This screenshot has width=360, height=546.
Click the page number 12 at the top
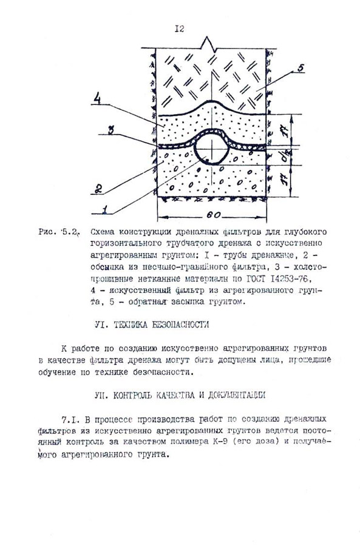click(179, 28)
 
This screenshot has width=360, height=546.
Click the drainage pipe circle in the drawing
click(210, 147)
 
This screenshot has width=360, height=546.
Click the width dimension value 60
click(212, 215)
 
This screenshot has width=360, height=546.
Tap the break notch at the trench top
click(209, 42)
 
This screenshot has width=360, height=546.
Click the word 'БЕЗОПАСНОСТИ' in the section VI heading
click(177, 325)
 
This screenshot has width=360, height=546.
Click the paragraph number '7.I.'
click(72, 419)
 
